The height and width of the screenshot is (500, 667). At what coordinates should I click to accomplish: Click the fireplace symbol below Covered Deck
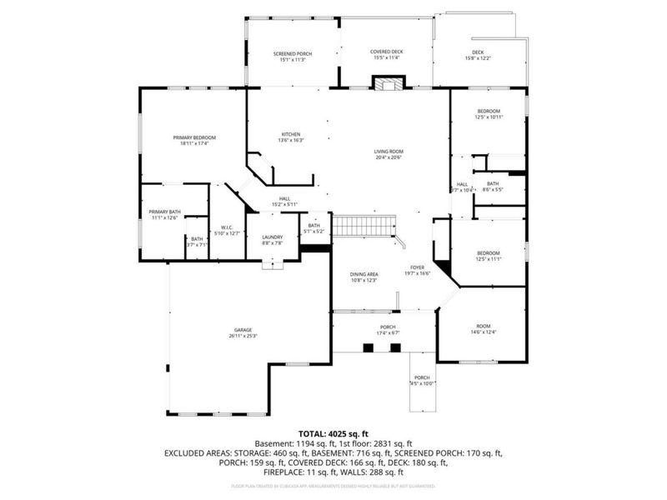[387, 82]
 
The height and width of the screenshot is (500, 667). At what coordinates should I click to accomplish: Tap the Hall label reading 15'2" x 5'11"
[283, 201]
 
